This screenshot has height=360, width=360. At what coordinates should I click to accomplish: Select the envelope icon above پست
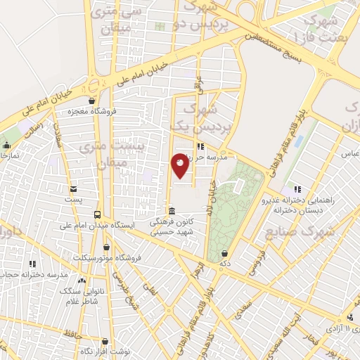click(74, 189)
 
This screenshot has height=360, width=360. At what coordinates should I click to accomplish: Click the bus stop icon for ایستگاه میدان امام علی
click(97, 215)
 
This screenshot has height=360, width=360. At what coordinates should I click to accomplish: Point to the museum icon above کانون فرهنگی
click(172, 211)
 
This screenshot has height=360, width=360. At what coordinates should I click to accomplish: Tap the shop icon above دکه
click(224, 254)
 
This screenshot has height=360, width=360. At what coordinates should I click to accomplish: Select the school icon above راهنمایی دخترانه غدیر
click(296, 189)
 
